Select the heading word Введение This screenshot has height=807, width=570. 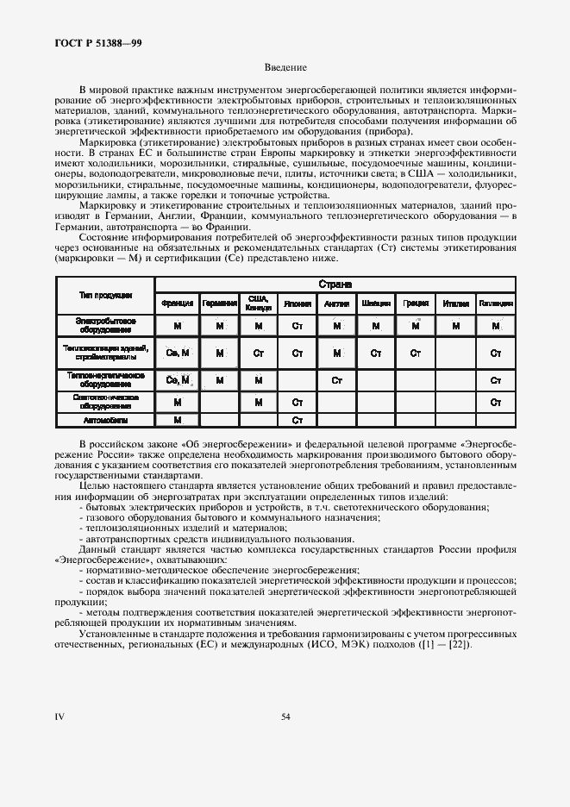pos(285,67)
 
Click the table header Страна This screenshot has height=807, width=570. pos(335,284)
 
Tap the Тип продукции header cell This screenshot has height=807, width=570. pos(105,295)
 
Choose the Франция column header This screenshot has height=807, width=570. pos(177,304)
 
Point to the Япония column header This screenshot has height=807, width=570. pos(297,304)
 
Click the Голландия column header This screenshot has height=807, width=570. pos(496,304)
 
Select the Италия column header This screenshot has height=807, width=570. pos(455,304)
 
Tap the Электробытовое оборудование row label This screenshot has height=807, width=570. pos(105,325)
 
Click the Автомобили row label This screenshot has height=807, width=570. pos(105,420)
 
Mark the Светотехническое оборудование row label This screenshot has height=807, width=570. pos(105,401)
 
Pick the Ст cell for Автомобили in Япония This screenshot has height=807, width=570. pos(298,420)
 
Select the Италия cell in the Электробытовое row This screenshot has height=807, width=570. pos(455,325)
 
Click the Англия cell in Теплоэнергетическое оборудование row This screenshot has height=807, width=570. pos(336,380)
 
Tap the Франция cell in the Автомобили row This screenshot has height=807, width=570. pos(177,420)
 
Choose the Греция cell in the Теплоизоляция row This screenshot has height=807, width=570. pos(415,353)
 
